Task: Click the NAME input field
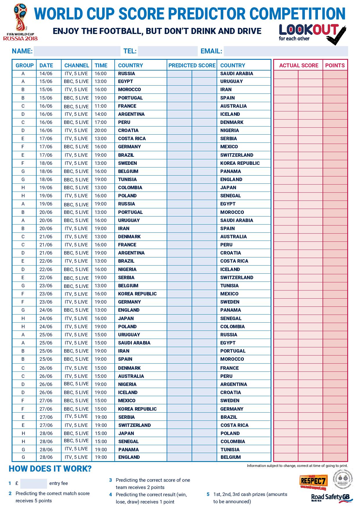(x=77, y=51)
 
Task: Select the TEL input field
(x=168, y=51)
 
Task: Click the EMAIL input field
(x=286, y=51)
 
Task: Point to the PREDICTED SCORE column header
(x=192, y=65)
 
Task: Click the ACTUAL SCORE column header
(x=298, y=65)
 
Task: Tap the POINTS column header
(x=335, y=65)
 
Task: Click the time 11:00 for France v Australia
(x=101, y=106)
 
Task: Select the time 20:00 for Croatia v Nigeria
(x=101, y=130)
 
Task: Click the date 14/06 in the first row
(x=46, y=73)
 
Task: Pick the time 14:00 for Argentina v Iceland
(x=101, y=114)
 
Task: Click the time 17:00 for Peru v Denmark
(x=101, y=122)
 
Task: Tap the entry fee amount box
(x=34, y=483)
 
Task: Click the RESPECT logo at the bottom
(x=314, y=481)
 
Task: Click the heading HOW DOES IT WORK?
(x=50, y=469)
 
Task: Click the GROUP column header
(x=25, y=65)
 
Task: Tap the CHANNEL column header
(x=77, y=65)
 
